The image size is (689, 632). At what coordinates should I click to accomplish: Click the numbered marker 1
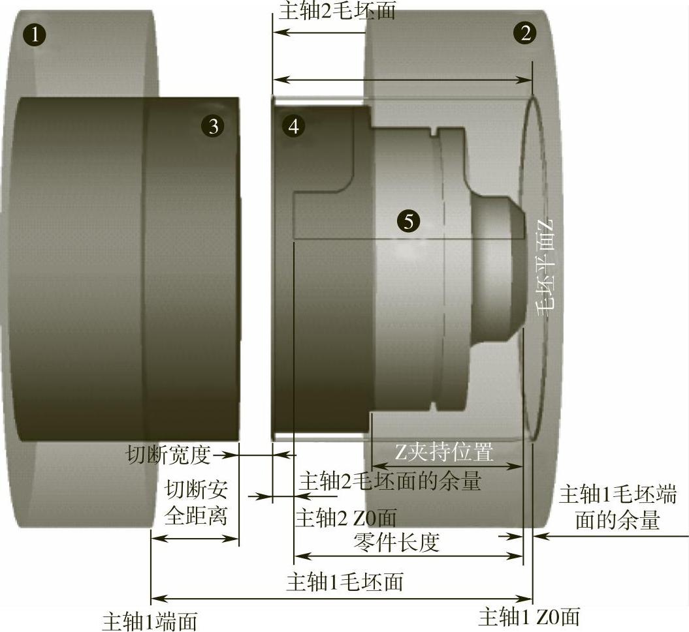pos(35,34)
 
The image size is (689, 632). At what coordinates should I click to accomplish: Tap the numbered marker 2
pos(525,33)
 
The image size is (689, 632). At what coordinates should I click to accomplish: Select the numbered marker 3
pos(213,126)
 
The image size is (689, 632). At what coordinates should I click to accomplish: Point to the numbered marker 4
pos(293,126)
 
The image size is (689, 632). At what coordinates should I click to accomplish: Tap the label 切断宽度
pos(168,455)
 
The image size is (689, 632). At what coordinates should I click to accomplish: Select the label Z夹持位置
pos(443,452)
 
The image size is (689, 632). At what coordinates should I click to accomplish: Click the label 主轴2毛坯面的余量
pos(390,481)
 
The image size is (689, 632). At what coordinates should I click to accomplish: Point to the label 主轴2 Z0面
pos(346,517)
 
